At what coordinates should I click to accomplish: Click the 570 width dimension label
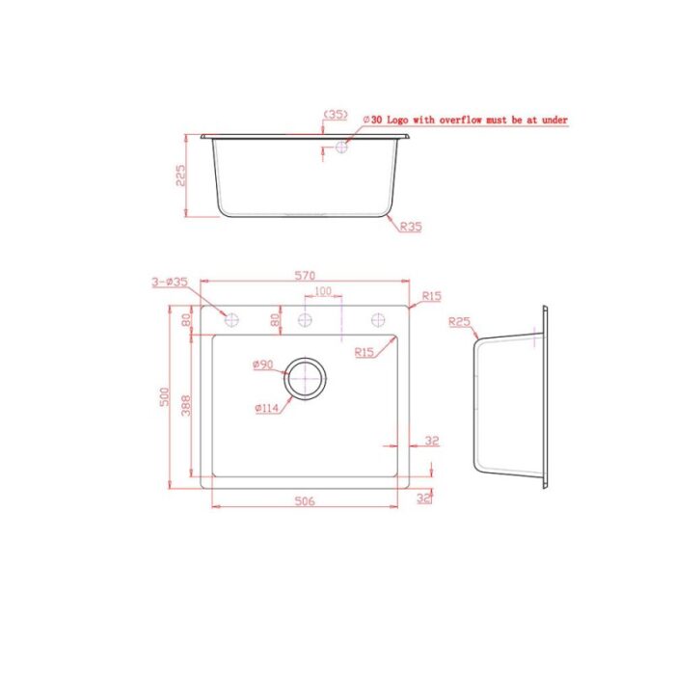pyautogui.click(x=306, y=275)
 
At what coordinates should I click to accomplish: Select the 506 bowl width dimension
pyautogui.click(x=305, y=501)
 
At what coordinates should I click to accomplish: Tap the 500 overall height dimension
pyautogui.click(x=165, y=397)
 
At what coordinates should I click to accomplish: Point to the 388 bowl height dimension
pyautogui.click(x=186, y=406)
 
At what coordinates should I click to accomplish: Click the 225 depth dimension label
pyautogui.click(x=180, y=175)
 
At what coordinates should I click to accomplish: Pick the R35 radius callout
pyautogui.click(x=411, y=227)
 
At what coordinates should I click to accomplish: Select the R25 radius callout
pyautogui.click(x=459, y=322)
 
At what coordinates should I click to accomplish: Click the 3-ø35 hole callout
pyautogui.click(x=170, y=282)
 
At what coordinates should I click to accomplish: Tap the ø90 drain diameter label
pyautogui.click(x=263, y=364)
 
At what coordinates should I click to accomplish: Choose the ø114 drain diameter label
pyautogui.click(x=267, y=408)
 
